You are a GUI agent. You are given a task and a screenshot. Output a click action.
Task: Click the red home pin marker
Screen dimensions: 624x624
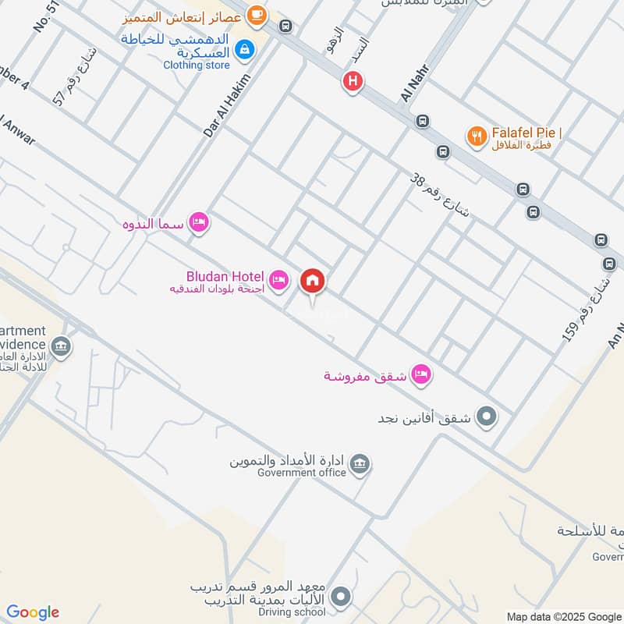[x=313, y=280]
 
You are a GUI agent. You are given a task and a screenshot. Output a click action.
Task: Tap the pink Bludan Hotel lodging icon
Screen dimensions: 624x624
[x=278, y=278]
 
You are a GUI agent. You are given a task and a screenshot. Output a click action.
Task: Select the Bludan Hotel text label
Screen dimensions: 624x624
[x=225, y=276]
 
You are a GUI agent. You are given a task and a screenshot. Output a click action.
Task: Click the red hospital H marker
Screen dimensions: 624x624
[x=353, y=80]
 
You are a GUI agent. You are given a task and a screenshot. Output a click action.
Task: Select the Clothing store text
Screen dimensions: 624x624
[x=197, y=66]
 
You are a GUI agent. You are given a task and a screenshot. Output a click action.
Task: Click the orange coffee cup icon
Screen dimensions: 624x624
[x=256, y=14]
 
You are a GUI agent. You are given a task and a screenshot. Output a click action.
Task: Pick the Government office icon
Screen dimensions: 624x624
[x=360, y=464]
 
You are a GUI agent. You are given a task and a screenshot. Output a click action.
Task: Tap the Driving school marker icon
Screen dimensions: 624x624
[x=339, y=598]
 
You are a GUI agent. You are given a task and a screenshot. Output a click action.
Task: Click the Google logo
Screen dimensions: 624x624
[x=33, y=612]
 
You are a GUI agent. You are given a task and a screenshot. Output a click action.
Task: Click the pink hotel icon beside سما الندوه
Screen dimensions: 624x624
[x=200, y=224]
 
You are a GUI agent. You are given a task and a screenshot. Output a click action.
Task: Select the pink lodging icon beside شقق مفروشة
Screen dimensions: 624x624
[x=421, y=375]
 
